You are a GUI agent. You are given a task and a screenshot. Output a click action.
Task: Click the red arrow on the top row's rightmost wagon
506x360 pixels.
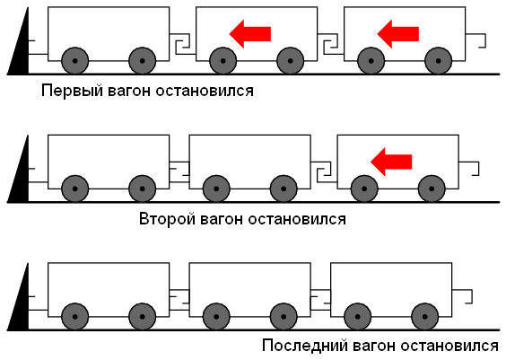(x=397, y=33)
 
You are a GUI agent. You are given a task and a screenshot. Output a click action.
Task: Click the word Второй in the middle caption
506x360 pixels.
(x=169, y=218)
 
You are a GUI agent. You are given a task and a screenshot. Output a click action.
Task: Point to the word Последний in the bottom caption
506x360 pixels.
(x=301, y=346)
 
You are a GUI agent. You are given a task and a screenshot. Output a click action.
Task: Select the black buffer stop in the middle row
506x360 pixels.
(x=19, y=176)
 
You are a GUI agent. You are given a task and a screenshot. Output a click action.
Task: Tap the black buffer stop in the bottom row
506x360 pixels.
(x=19, y=303)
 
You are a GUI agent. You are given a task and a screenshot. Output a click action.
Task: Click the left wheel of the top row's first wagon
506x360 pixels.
(x=75, y=61)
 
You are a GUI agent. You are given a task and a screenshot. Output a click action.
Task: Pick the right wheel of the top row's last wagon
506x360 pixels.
(x=438, y=61)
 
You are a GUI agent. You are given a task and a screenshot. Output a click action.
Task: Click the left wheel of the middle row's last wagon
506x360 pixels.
(x=363, y=189)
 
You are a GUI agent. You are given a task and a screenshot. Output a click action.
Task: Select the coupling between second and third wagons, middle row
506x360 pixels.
(x=324, y=171)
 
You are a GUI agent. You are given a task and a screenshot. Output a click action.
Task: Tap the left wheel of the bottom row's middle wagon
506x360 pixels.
(x=216, y=316)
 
